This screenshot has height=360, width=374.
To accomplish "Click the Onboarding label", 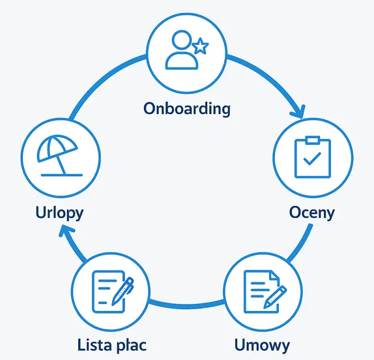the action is click(x=187, y=109).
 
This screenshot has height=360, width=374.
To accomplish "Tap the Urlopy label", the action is click(x=59, y=213).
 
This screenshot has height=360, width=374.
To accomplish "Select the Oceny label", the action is click(x=312, y=213).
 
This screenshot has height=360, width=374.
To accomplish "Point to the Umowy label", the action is click(x=262, y=345).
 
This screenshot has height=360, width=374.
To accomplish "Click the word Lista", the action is click(x=94, y=345).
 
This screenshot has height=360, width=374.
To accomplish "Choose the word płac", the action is click(x=130, y=346).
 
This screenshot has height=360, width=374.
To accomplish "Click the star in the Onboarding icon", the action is click(x=201, y=46).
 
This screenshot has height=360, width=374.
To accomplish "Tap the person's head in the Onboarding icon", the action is click(x=182, y=40).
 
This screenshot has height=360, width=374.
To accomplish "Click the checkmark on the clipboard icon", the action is click(x=312, y=158).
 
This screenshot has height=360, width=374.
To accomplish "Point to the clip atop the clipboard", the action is click(x=313, y=140).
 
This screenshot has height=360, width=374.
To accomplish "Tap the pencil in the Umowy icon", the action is click(x=275, y=297).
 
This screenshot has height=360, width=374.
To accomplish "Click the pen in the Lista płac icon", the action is click(x=122, y=291).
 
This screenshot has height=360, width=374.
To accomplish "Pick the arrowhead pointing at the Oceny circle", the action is click(x=298, y=112).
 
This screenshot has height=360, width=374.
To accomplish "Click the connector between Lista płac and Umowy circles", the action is click(x=187, y=305).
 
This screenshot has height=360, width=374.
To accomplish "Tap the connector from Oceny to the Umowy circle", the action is click(x=301, y=243).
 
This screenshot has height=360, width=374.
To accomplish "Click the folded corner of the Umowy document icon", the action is click(x=274, y=275).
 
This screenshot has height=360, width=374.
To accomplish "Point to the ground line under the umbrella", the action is click(x=61, y=175).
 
